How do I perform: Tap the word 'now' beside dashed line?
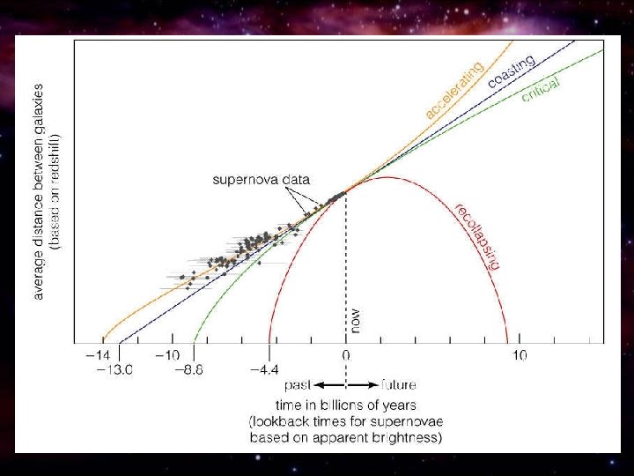356,318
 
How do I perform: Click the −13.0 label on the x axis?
114,370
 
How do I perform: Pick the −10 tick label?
167,355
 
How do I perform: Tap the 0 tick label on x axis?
346,355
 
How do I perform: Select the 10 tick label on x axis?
519,355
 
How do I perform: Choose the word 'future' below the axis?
398,385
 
